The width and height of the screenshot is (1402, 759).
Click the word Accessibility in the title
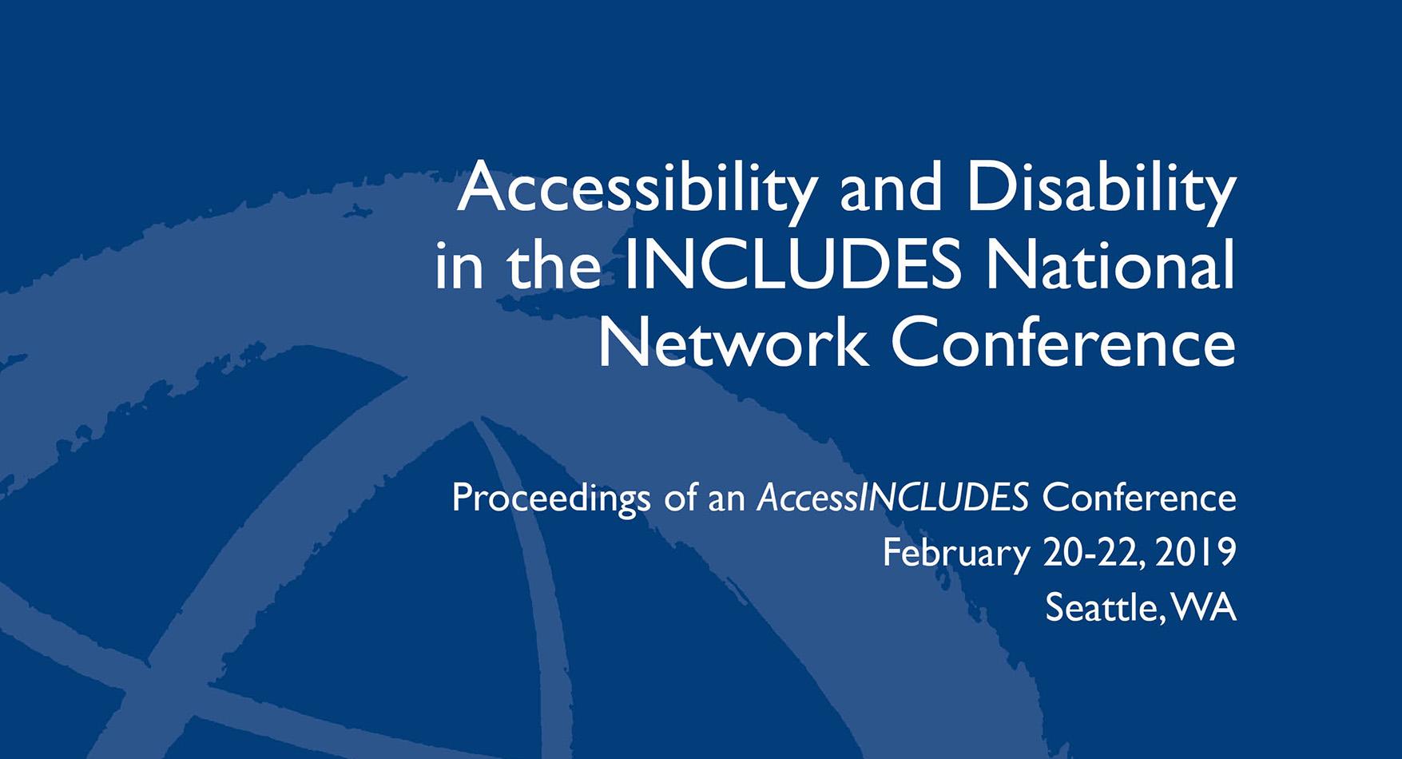coord(637,191)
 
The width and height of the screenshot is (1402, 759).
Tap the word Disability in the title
coord(1102,191)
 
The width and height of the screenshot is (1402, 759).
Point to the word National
coord(1110,266)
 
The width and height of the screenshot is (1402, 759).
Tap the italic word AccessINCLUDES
coord(892,498)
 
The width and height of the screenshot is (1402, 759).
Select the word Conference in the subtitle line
coord(1139,498)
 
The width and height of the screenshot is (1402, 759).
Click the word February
coord(955,554)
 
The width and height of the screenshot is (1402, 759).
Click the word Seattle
coord(1101,607)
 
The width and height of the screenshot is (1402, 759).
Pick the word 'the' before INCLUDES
coord(553,266)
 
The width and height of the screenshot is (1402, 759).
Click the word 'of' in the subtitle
coord(680,498)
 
